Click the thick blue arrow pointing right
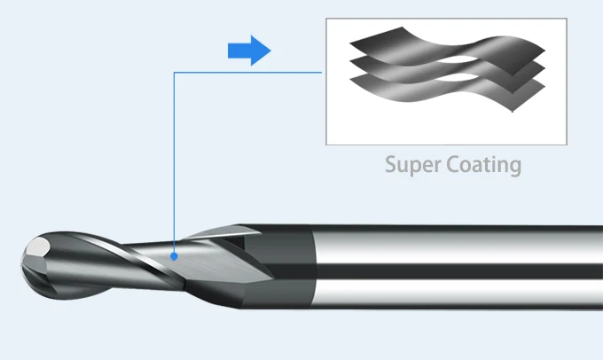pyautogui.click(x=247, y=51)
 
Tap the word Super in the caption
pyautogui.click(x=414, y=165)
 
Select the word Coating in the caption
pyautogui.click(x=485, y=165)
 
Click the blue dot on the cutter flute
pyautogui.click(x=175, y=256)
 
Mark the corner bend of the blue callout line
pyautogui.click(x=175, y=73)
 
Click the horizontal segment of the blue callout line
pyautogui.click(x=248, y=73)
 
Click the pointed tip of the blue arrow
pyautogui.click(x=269, y=51)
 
